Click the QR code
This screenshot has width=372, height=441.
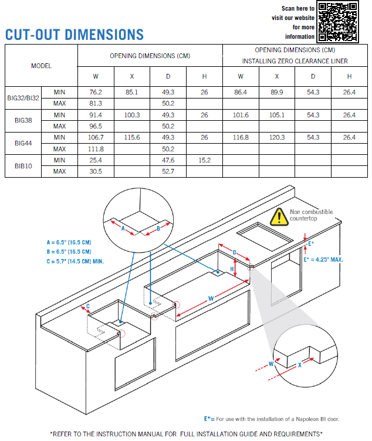pyautogui.click(x=337, y=22)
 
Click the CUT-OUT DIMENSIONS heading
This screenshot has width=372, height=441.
pyautogui.click(x=75, y=35)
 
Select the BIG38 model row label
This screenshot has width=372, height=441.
pyautogui.click(x=23, y=120)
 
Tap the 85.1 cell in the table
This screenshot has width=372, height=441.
pyautogui.click(x=131, y=92)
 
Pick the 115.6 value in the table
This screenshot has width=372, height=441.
pyautogui.click(x=132, y=138)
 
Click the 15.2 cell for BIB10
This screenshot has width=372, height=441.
pyautogui.click(x=204, y=160)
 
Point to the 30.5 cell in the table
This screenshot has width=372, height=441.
pyautogui.click(x=96, y=171)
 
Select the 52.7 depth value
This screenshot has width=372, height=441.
pyautogui.click(x=168, y=171)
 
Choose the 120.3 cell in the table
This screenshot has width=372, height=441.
pyautogui.click(x=277, y=138)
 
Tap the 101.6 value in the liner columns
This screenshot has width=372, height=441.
pyautogui.click(x=241, y=115)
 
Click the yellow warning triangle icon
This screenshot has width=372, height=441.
pyautogui.click(x=279, y=217)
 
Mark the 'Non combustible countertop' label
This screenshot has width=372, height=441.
pyautogui.click(x=311, y=215)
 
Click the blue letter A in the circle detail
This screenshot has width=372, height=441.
pyautogui.click(x=123, y=228)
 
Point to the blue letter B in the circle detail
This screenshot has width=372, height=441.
pyautogui.click(x=158, y=229)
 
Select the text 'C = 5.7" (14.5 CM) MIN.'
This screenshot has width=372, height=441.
pyautogui.click(x=75, y=262)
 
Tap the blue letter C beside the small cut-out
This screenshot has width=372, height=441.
pyautogui.click(x=88, y=306)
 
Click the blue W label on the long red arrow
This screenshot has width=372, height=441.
pyautogui.click(x=211, y=298)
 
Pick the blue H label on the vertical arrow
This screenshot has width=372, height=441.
pyautogui.click(x=232, y=269)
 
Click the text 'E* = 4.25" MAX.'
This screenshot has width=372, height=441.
pyautogui.click(x=324, y=260)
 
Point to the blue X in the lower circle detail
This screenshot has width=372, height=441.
pyautogui.click(x=300, y=365)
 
